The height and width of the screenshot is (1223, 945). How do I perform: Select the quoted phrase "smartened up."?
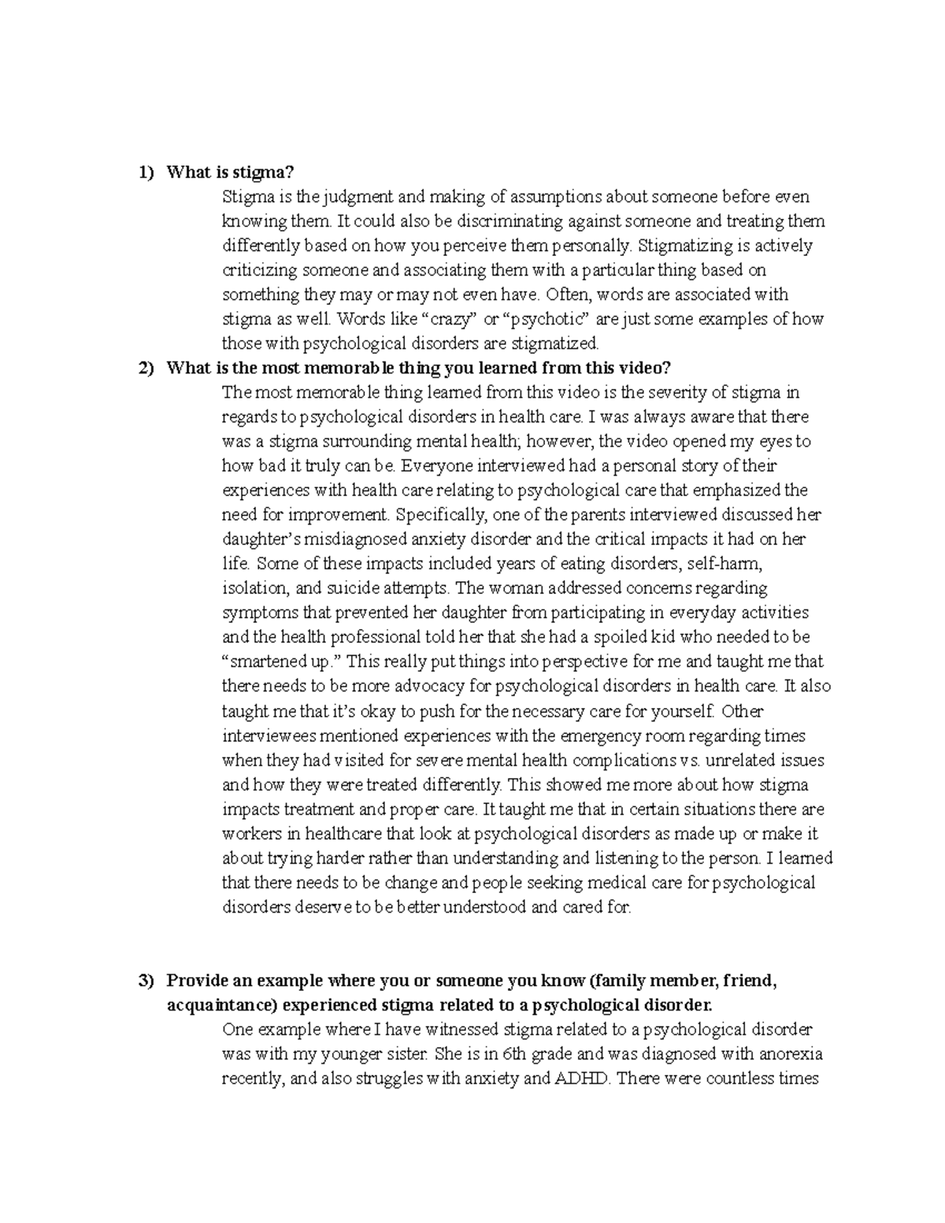click(284, 662)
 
